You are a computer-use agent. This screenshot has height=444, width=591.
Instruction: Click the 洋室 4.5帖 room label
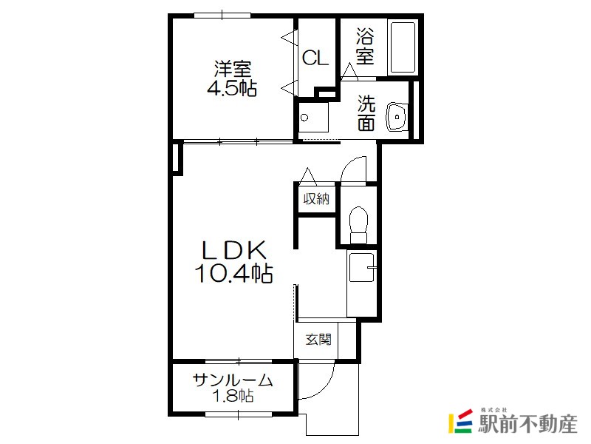click(x=232, y=78)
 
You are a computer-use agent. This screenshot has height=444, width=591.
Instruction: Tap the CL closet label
click(x=315, y=58)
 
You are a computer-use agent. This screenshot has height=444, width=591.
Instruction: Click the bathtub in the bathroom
click(x=403, y=47)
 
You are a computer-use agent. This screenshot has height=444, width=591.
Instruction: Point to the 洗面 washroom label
click(x=366, y=113)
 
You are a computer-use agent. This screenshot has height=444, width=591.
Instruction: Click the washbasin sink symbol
click(x=396, y=117)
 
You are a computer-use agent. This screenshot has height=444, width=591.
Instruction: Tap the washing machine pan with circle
click(x=313, y=117)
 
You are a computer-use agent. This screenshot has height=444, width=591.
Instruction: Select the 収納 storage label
click(x=317, y=198)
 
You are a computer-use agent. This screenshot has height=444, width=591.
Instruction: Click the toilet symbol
click(x=358, y=225)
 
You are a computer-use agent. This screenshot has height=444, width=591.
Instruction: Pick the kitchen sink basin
click(x=362, y=267)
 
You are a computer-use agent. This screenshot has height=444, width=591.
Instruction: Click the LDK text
click(x=234, y=249)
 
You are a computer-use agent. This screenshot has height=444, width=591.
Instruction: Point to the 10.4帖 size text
click(x=233, y=273)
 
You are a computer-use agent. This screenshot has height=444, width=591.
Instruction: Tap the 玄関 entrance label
click(x=318, y=339)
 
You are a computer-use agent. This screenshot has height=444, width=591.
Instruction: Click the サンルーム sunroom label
click(x=233, y=380)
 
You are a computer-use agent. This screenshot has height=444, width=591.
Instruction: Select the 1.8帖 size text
click(x=233, y=396)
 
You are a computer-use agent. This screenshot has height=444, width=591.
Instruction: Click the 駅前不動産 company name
click(x=527, y=424)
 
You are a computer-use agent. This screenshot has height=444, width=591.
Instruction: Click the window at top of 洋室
click(x=222, y=16)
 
